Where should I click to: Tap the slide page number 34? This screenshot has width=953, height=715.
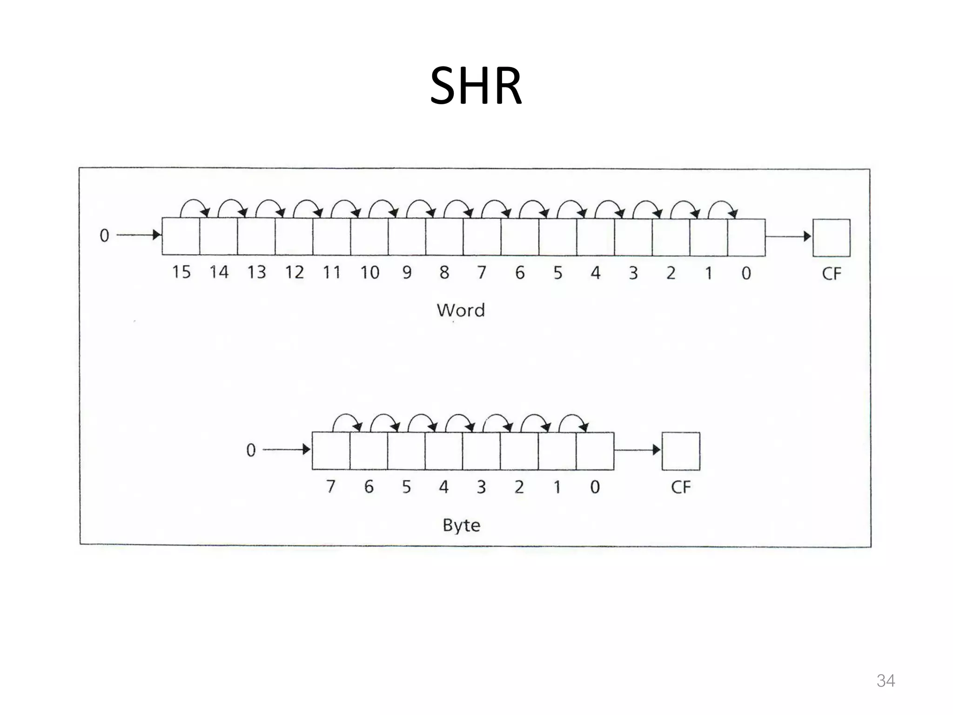click(885, 681)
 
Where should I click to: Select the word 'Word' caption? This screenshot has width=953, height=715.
click(461, 310)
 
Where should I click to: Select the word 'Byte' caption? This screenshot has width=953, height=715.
click(461, 525)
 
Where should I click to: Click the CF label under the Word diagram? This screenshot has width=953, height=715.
click(831, 274)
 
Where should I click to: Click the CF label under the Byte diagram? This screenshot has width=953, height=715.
click(680, 487)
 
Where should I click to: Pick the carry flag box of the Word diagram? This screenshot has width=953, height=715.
click(831, 237)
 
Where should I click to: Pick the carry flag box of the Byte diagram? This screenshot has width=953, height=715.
click(680, 451)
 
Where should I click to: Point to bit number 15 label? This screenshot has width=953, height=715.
click(181, 272)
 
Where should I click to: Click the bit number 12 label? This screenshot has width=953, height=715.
click(294, 272)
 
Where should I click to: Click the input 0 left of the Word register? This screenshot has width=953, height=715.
click(104, 236)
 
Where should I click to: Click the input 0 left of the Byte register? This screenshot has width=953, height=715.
click(251, 450)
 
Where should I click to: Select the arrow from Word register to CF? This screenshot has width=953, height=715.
click(788, 236)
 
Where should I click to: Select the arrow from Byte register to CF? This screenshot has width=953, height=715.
click(637, 450)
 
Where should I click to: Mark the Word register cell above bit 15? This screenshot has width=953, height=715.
click(181, 236)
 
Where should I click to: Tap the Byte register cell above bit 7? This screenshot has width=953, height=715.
click(331, 451)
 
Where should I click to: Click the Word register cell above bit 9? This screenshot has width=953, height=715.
click(407, 236)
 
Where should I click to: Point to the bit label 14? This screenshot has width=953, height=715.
click(219, 272)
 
